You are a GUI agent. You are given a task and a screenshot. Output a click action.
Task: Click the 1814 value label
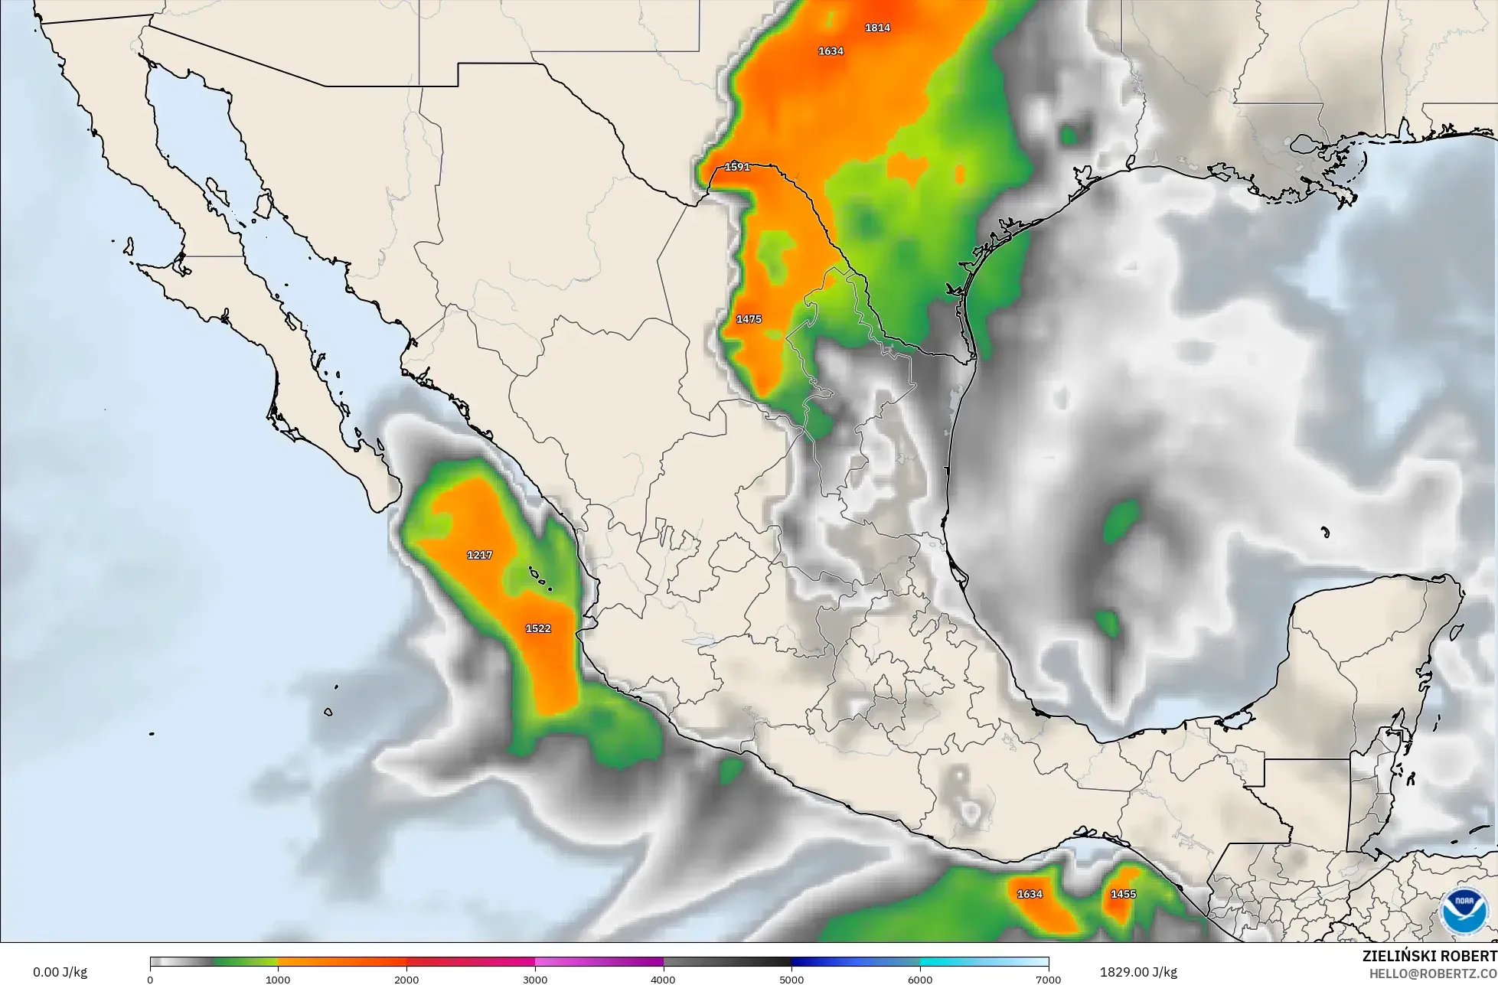[x=877, y=28]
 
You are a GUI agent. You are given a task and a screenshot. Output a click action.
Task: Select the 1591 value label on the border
[x=737, y=167]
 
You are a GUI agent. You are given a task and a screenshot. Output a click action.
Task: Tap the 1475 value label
[x=749, y=319]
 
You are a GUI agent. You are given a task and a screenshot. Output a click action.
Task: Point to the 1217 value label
[x=480, y=555]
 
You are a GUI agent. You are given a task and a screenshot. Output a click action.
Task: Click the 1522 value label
[x=538, y=628]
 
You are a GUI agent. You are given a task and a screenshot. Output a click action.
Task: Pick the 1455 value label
[x=1123, y=894]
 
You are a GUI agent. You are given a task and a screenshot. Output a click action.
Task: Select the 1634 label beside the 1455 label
[x=1030, y=894]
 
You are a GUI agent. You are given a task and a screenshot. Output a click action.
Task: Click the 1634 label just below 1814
[x=831, y=51]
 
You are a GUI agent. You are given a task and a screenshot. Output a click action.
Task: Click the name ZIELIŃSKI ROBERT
[x=1429, y=957]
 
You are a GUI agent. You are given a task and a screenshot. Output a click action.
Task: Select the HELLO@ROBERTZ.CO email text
[x=1432, y=973]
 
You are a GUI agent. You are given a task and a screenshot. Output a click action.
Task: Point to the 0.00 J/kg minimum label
[x=60, y=972]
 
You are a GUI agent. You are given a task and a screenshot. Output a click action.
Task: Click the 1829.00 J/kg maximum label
[x=1138, y=972]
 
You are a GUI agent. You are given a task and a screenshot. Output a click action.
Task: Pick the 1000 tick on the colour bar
[x=278, y=979]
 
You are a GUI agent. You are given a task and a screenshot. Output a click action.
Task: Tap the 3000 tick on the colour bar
[x=535, y=979]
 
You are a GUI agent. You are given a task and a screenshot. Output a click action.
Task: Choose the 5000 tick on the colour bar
[x=791, y=979]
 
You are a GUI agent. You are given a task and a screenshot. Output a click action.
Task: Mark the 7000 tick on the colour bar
[x=1048, y=979]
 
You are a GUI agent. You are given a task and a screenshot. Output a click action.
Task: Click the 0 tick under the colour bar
[x=150, y=979]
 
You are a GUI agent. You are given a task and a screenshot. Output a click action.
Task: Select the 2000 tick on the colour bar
[x=406, y=979]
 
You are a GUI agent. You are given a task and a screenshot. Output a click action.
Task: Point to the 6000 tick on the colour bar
[x=920, y=979]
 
